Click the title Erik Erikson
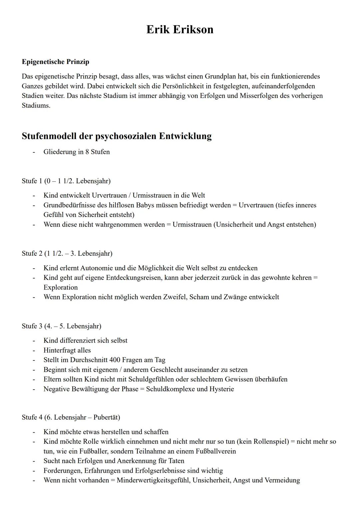pyautogui.click(x=180, y=30)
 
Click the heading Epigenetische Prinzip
pyautogui.click(x=55, y=62)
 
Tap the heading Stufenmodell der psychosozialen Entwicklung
pyautogui.click(x=116, y=136)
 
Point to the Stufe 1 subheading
pyautogui.click(x=66, y=181)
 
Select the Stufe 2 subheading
pyautogui.click(x=67, y=254)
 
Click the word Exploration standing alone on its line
pyautogui.click(x=60, y=287)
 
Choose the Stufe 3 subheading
pyautogui.click(x=61, y=326)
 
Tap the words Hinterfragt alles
pyautogui.click(x=67, y=350)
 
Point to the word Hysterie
pyautogui.click(x=221, y=389)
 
